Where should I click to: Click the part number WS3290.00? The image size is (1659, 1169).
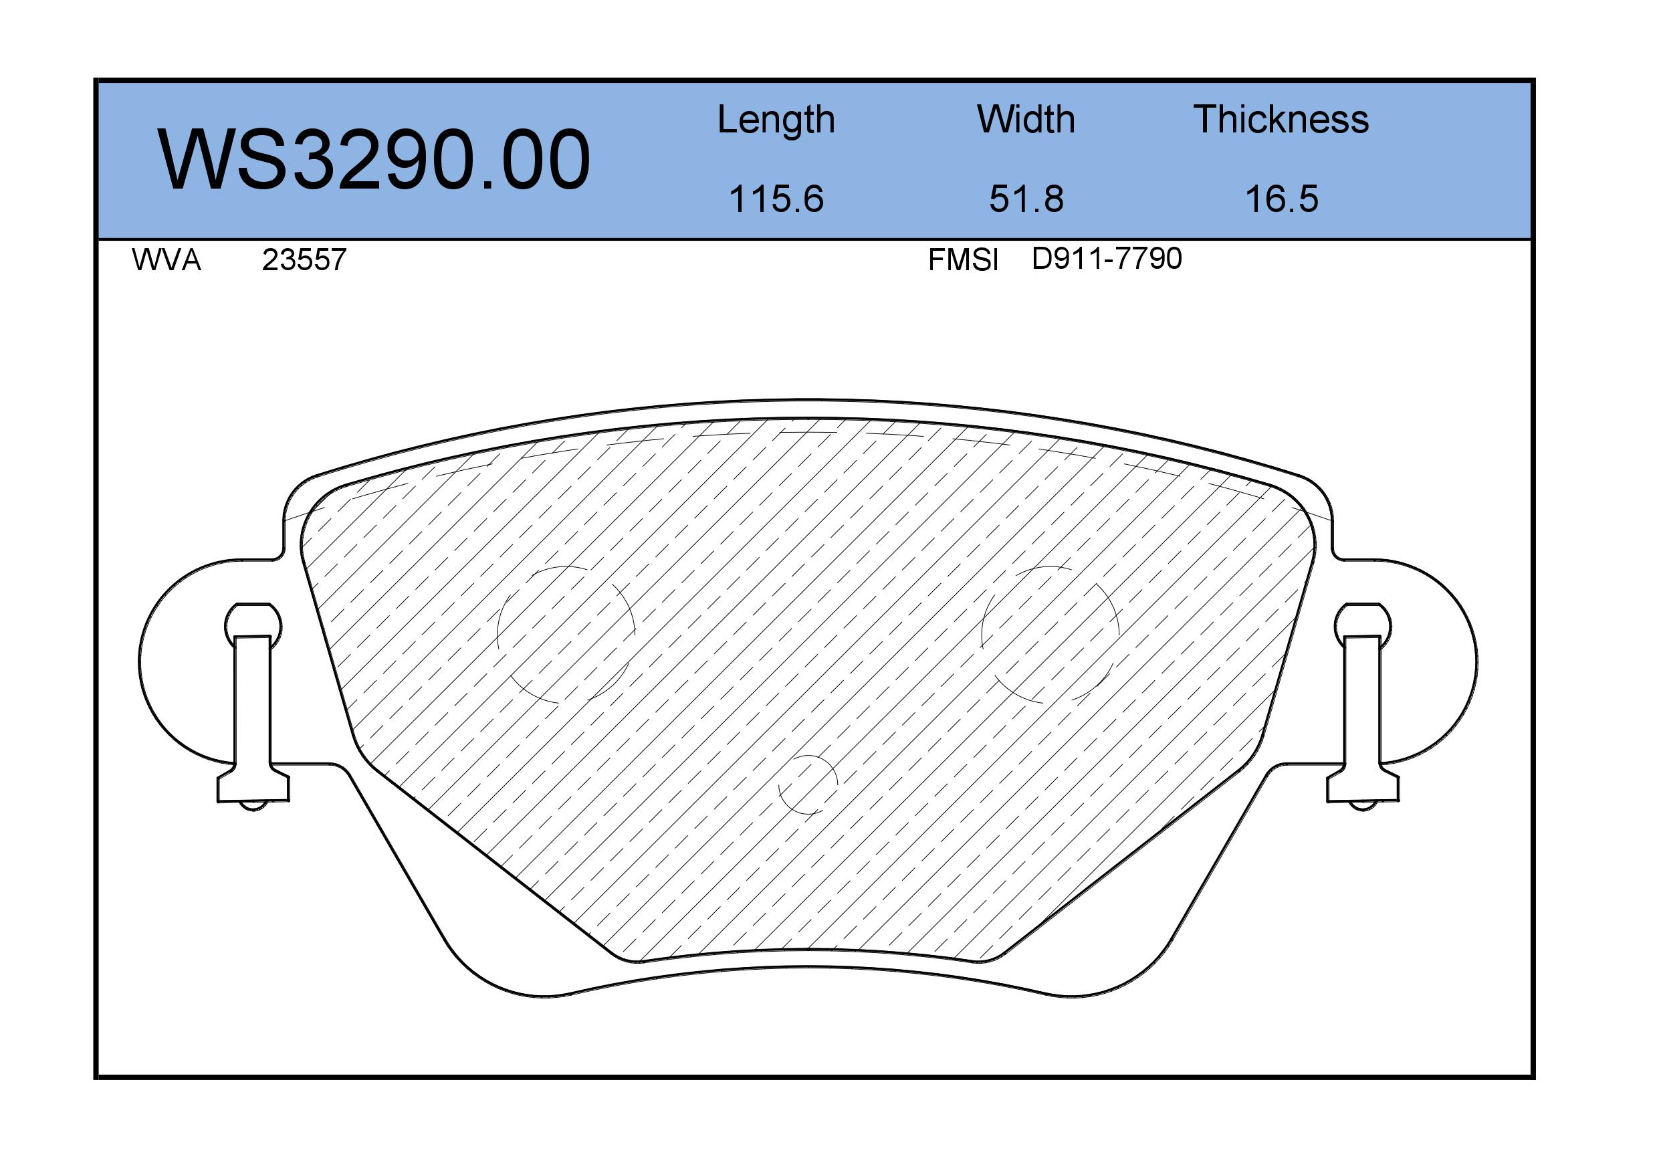pyautogui.click(x=374, y=160)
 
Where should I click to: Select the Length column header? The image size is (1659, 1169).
pyautogui.click(x=776, y=120)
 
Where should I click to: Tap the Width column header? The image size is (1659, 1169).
pyautogui.click(x=1025, y=119)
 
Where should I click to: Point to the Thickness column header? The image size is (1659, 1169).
pyautogui.click(x=1281, y=119)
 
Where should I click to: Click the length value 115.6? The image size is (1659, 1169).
pyautogui.click(x=776, y=199)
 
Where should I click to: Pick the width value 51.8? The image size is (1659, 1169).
pyautogui.click(x=1026, y=199)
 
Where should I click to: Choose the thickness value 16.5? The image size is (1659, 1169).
pyautogui.click(x=1281, y=199)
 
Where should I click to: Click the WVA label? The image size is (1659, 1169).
pyautogui.click(x=167, y=260)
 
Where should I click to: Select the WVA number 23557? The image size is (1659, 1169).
pyautogui.click(x=304, y=260)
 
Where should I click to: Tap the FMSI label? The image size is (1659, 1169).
pyautogui.click(x=963, y=260)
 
